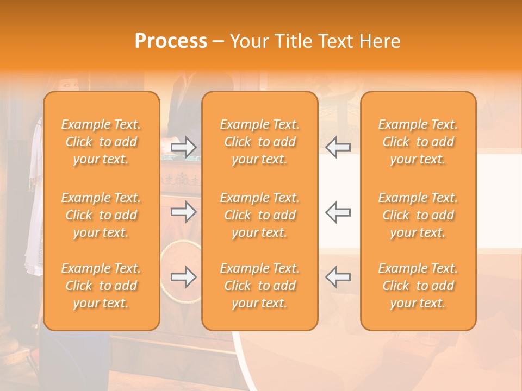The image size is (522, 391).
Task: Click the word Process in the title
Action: point(171,41)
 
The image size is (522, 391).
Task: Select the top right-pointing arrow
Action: point(183,147)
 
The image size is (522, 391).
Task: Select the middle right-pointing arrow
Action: point(183,212)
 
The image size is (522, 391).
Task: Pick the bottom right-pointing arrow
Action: point(183,277)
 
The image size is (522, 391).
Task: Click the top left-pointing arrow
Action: point(338,147)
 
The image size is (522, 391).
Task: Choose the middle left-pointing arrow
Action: point(338,212)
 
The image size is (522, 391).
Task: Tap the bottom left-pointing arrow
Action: point(338,277)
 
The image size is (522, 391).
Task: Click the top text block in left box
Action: point(101,142)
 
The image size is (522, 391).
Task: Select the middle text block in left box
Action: point(101,215)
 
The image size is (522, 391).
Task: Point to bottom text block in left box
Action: point(101,286)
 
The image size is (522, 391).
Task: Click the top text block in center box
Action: point(259,142)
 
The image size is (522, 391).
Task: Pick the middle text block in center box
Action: point(259,215)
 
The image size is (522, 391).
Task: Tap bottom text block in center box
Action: point(259,286)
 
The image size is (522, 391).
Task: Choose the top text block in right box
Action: point(418,142)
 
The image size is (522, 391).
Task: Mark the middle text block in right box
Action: point(418,215)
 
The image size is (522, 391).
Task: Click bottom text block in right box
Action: point(418,286)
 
